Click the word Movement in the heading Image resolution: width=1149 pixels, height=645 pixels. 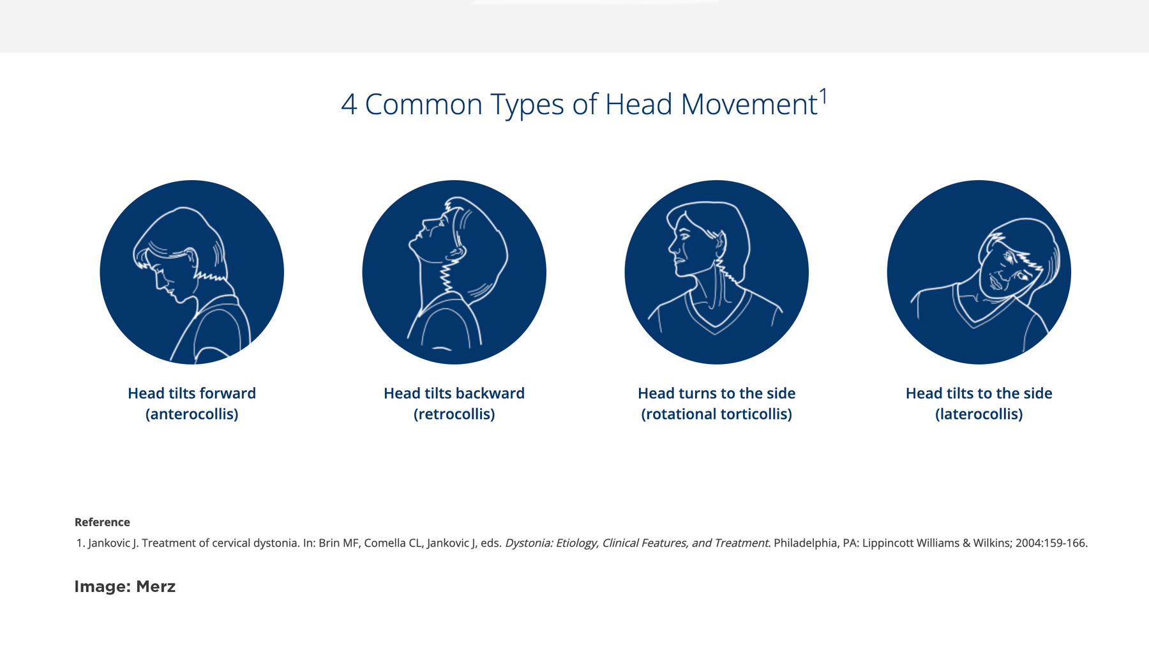[749, 105]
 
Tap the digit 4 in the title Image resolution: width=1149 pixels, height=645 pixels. [349, 105]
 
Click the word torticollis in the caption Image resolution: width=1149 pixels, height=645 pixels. [753, 414]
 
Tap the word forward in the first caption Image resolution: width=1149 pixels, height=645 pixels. [227, 393]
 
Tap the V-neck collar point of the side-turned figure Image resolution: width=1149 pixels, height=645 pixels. [715, 331]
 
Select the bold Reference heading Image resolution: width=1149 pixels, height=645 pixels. [102, 522]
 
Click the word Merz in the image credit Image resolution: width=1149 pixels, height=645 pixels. [156, 587]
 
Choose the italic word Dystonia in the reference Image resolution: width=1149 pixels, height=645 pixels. [527, 543]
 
